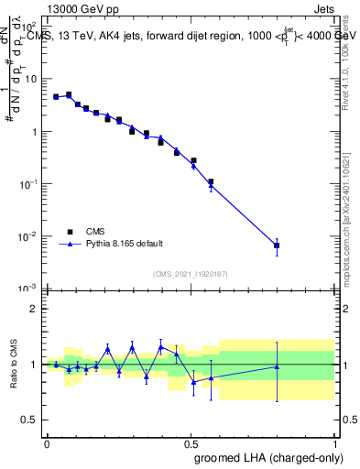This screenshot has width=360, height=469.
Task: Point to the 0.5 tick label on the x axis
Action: (191, 442)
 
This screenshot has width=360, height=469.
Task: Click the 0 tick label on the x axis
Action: (47, 442)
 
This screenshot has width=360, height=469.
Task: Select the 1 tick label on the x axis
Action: (334, 442)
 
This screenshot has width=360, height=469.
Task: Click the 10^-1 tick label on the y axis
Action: (27, 183)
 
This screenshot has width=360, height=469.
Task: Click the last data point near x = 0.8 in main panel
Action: (277, 245)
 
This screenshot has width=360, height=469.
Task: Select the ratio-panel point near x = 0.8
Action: (277, 366)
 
